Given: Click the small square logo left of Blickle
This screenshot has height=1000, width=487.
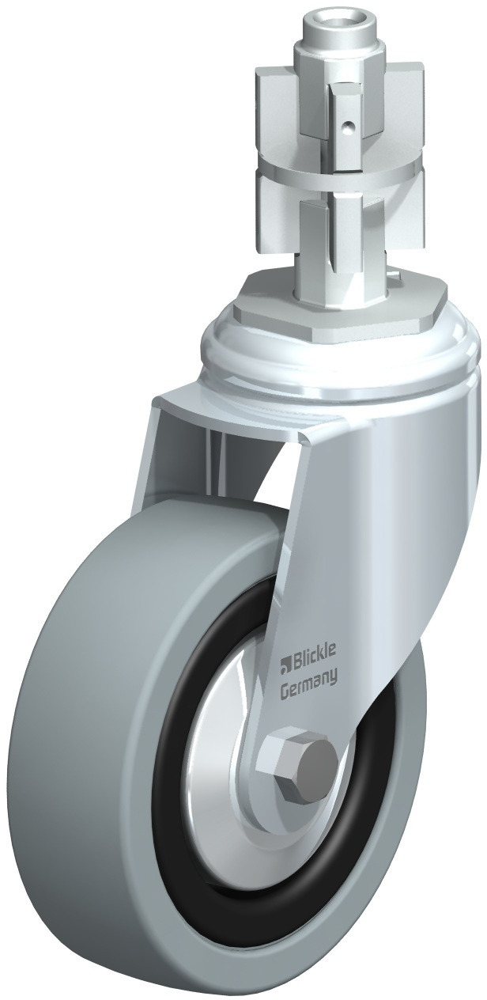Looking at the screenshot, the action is point(285,668).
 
